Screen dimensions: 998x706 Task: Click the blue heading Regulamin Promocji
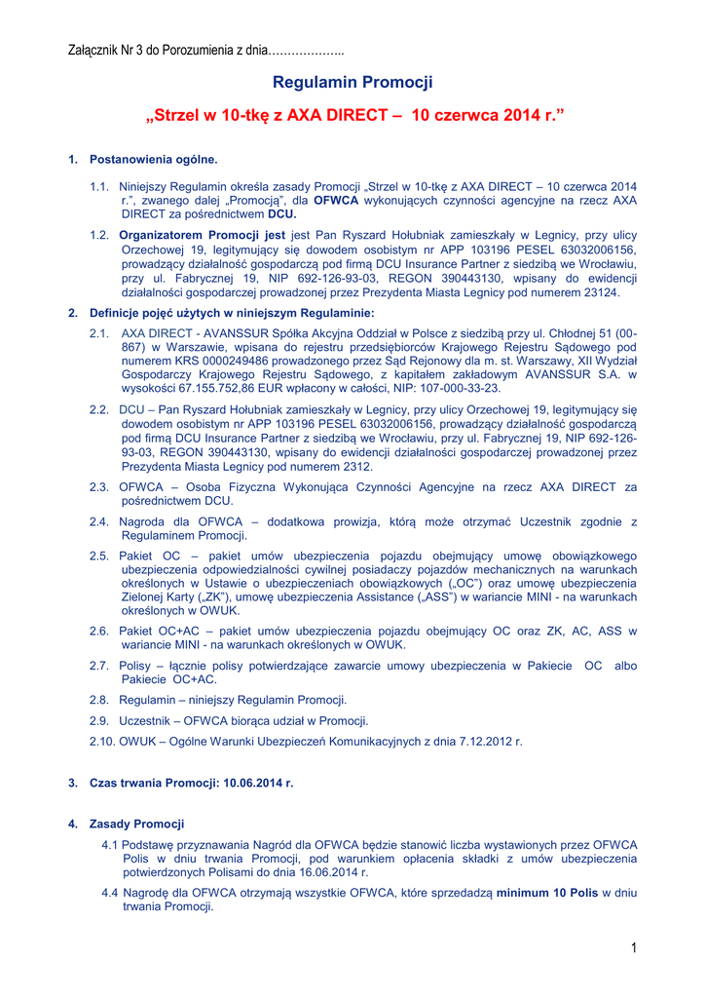click(353, 83)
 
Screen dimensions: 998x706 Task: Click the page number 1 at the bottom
click(632, 949)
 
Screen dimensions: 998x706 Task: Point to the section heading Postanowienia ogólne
click(154, 159)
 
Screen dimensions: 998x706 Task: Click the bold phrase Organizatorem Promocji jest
click(203, 235)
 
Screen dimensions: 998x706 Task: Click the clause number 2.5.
click(98, 556)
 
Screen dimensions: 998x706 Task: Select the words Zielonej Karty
click(158, 596)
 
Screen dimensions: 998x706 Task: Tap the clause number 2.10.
click(101, 742)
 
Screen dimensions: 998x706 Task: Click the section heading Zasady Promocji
click(136, 825)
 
